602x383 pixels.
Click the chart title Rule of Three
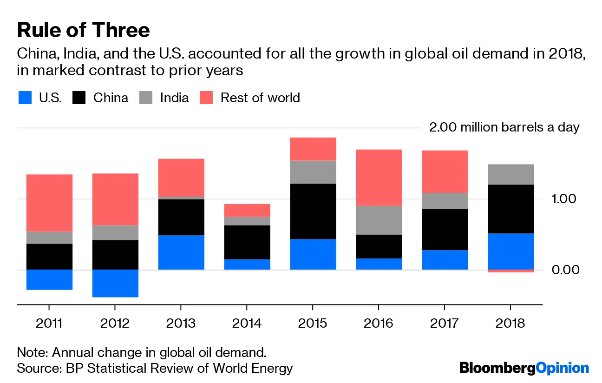84,30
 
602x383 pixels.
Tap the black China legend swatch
79,98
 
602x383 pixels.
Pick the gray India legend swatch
146,98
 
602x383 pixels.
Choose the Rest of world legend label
260,98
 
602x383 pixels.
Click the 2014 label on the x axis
247,323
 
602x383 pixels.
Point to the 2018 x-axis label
510,323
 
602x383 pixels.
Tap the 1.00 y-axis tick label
564,199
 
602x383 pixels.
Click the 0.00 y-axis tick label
564,270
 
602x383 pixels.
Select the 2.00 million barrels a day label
504,127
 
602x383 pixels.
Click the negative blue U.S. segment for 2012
115,283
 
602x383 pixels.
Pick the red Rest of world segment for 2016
379,177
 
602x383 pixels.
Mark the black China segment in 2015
313,211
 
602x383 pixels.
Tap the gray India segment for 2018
510,174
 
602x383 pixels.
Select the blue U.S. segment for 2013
181,252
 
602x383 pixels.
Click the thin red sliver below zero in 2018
510,271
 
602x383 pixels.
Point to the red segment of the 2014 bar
247,210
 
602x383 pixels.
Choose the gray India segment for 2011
49,238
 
